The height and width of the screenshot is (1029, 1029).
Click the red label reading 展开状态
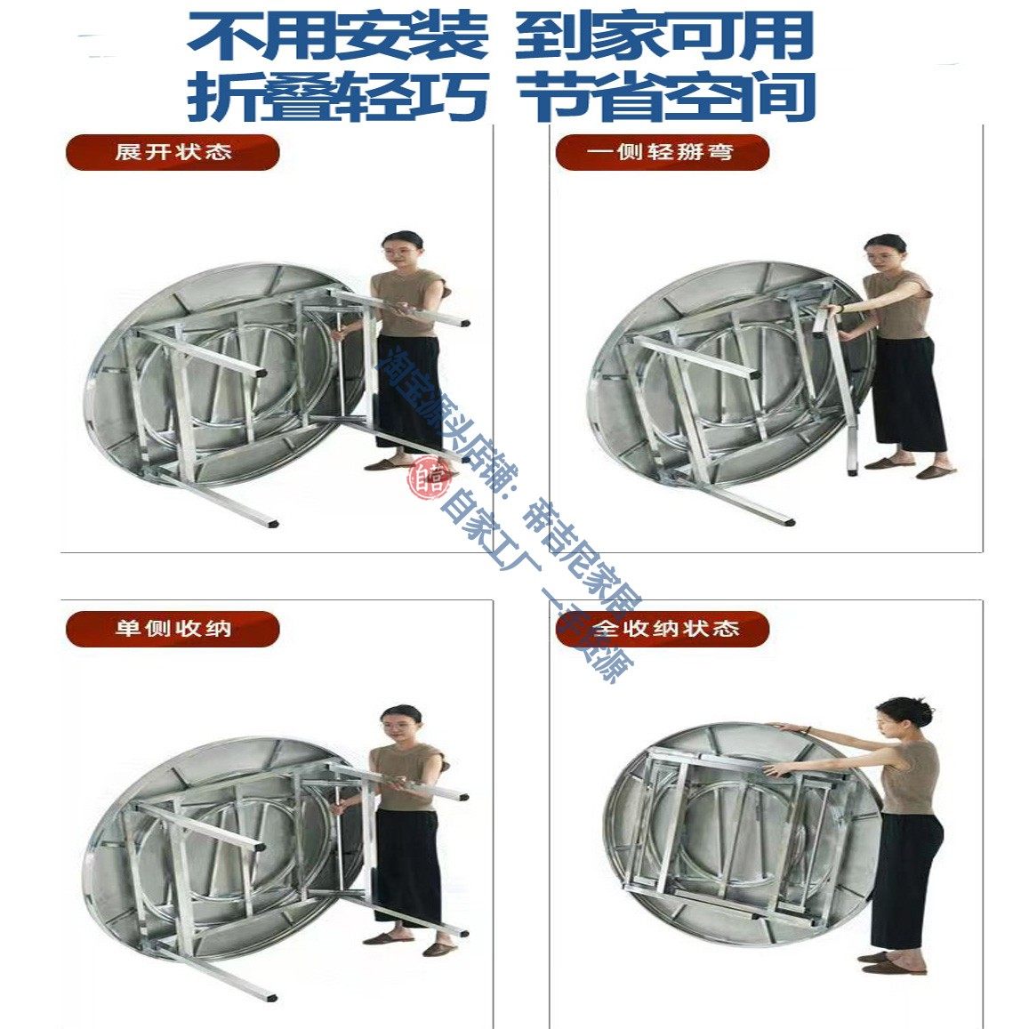pos(173,152)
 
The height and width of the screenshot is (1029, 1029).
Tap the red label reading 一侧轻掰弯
pos(661,152)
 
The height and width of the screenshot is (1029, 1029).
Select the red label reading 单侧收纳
pos(173,629)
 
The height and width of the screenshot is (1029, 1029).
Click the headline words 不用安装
pos(337,36)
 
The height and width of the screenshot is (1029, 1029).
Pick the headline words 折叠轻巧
pos(337,95)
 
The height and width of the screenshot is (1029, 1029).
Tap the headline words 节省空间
pos(667,95)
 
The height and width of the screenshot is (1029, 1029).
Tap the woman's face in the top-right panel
pos(884,254)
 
